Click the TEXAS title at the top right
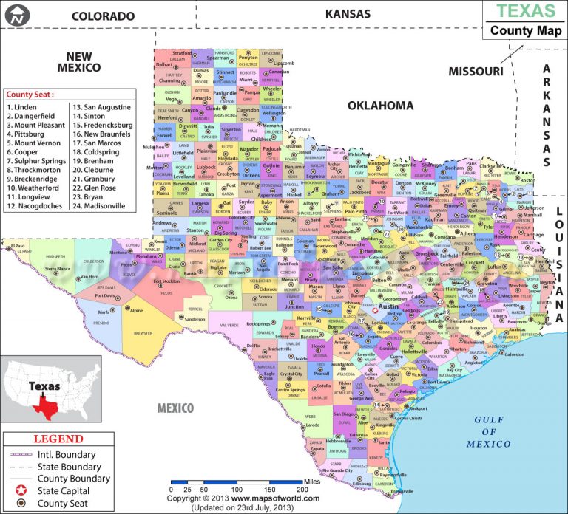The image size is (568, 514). tap(525, 11)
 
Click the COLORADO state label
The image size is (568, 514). tap(104, 16)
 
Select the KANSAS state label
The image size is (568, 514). tap(348, 13)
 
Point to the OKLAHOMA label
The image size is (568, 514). tap(381, 106)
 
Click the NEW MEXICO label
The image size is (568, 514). tap(78, 61)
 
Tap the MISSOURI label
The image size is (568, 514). tap(476, 71)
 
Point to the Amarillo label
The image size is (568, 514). tap(201, 98)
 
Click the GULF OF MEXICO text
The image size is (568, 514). tap(488, 432)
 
